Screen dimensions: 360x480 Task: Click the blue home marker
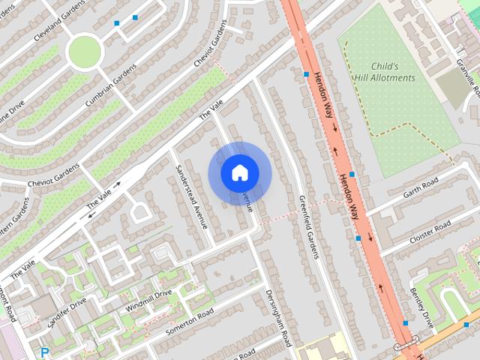pyautogui.click(x=239, y=173)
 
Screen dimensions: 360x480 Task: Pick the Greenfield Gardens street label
pyautogui.click(x=309, y=226)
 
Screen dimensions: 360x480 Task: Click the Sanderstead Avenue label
pyautogui.click(x=190, y=196)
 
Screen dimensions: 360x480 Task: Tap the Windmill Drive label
pyautogui.click(x=149, y=301)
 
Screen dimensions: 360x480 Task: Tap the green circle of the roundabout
pyautogui.click(x=83, y=52)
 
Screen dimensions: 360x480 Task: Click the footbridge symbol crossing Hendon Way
pyautogui.click(x=406, y=347)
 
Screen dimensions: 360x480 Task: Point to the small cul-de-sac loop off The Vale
pyautogui.click(x=139, y=212)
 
